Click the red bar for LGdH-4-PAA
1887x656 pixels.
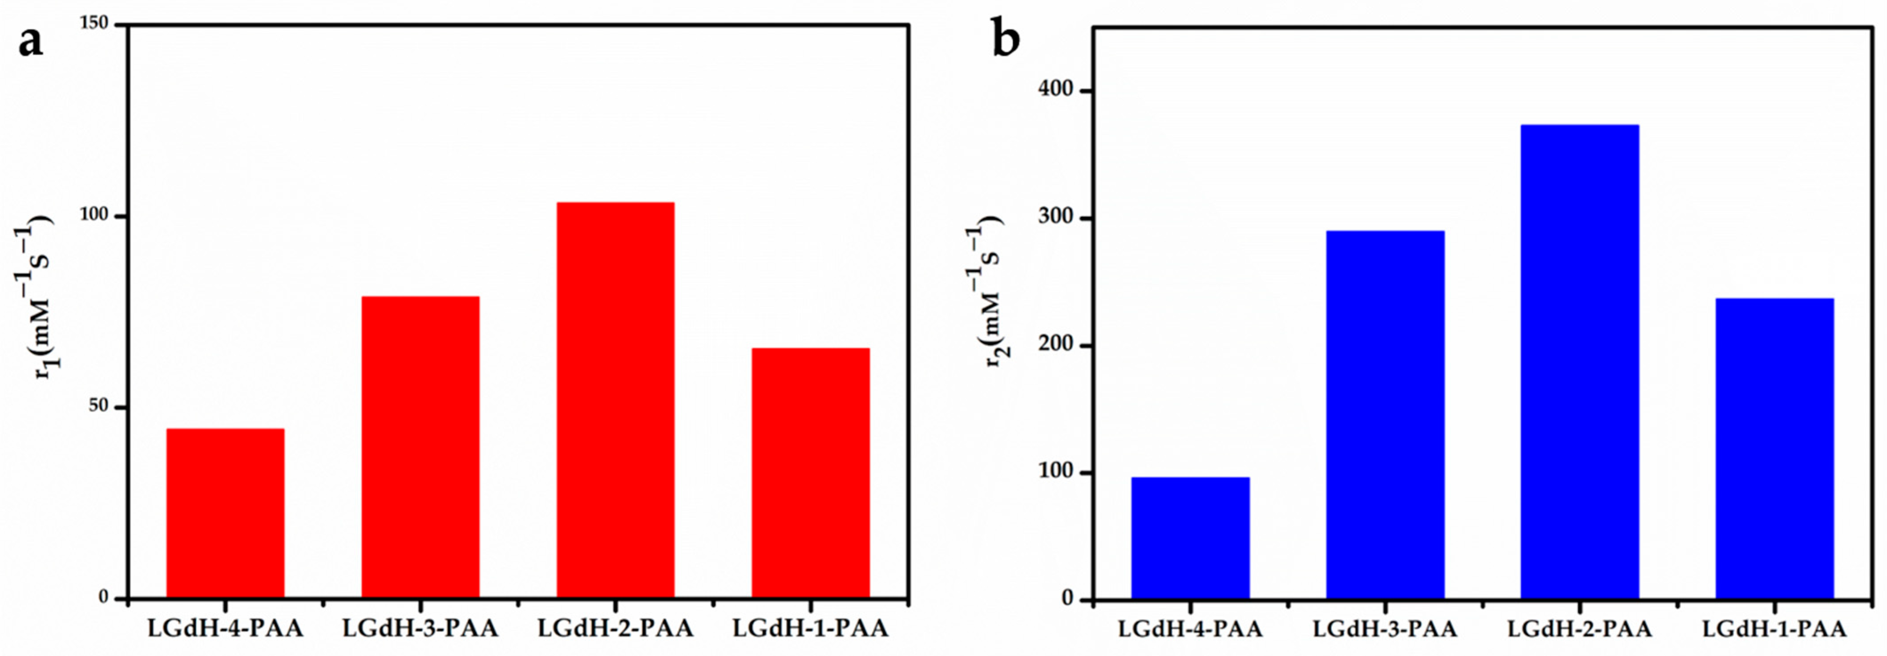coord(226,513)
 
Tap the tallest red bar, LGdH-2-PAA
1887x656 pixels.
coord(615,400)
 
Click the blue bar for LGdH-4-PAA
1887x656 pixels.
coord(1190,538)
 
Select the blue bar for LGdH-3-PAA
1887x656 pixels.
coord(1385,415)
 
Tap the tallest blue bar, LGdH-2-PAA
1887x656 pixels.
coord(1580,362)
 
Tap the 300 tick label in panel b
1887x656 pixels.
coord(1055,219)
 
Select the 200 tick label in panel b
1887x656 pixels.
coord(1055,345)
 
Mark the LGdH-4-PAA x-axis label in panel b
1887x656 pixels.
coord(1190,629)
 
